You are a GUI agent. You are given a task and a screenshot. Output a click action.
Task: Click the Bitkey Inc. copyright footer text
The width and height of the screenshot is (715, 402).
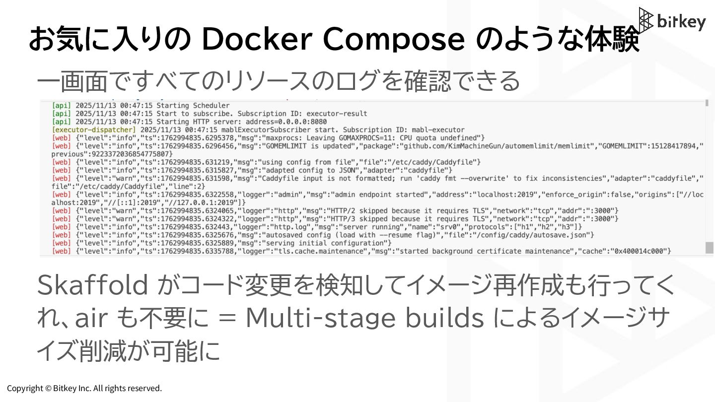click(84, 388)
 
